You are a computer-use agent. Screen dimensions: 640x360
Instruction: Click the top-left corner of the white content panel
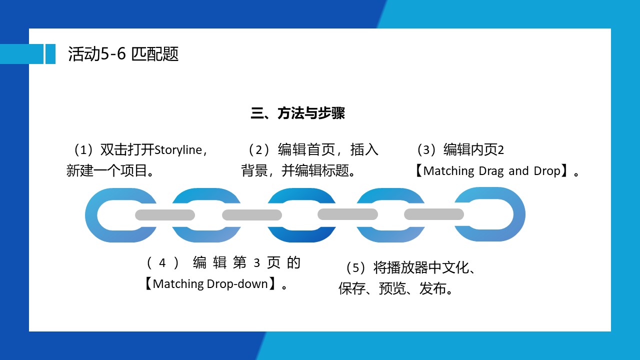tap(29, 28)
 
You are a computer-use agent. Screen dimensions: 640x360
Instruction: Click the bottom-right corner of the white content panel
tap(611, 331)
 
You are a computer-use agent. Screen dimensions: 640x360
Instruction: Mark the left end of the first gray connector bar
tap(135, 215)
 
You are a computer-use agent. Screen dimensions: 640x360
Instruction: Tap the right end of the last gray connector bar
tap(464, 214)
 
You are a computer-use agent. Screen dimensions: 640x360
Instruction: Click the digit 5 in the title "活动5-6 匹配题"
tap(105, 53)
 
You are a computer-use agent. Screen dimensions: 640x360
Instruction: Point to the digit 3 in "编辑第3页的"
tap(256, 263)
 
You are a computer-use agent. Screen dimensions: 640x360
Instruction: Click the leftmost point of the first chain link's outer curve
tap(85, 215)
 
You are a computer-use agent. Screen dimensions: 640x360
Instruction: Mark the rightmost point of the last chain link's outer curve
tap(525, 214)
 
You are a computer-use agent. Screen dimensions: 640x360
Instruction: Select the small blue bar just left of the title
tap(50, 54)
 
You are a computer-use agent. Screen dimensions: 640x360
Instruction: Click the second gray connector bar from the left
tap(252, 215)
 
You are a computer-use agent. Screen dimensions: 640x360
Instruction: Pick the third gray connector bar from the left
tap(347, 214)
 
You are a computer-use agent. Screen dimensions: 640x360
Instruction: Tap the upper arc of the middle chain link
tap(301, 195)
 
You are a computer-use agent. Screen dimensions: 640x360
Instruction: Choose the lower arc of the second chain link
tap(206, 235)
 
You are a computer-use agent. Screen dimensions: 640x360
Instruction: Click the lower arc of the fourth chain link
tap(390, 235)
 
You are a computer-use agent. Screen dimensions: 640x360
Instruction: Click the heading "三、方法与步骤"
tap(297, 113)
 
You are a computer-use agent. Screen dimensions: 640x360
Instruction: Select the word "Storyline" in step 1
tap(178, 150)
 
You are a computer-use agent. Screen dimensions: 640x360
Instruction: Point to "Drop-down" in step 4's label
tap(237, 284)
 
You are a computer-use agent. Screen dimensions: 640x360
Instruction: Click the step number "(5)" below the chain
tap(355, 268)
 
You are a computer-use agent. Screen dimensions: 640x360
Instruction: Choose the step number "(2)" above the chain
tap(259, 150)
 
